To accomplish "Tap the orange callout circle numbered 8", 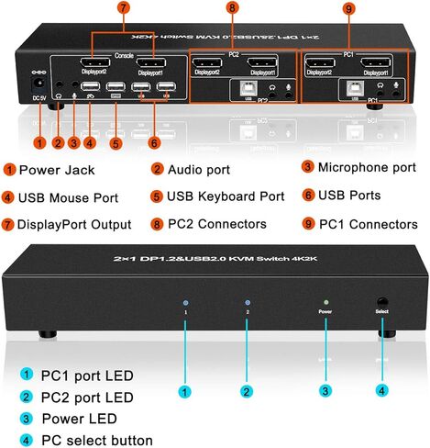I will [x=232, y=10].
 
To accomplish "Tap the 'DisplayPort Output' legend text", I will [x=74, y=224].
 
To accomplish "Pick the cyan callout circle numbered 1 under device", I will [x=186, y=391].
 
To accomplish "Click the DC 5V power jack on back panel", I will [x=38, y=92].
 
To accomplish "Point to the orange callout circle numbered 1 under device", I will [x=38, y=142].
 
